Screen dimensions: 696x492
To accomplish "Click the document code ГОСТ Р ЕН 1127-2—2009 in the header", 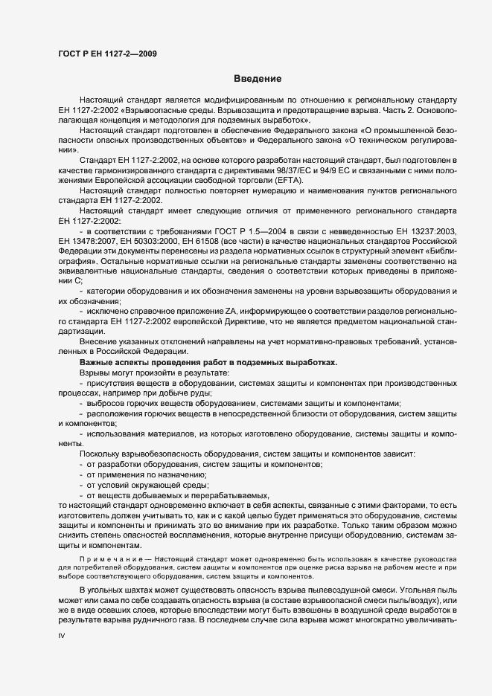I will tap(106, 54).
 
